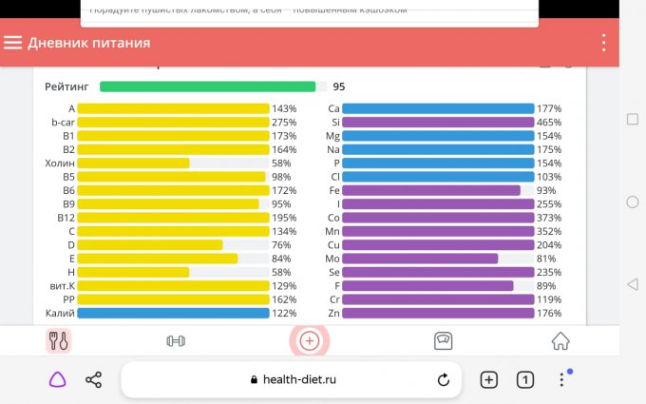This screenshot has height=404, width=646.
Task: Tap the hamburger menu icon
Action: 13,43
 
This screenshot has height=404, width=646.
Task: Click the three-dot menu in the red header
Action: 604,43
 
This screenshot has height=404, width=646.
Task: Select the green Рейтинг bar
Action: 207,87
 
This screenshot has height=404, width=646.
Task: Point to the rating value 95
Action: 339,87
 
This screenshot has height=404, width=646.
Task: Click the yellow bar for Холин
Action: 133,164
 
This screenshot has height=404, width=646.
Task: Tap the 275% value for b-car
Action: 284,123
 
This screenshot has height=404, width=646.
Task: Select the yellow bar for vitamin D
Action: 150,245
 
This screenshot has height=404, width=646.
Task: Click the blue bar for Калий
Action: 173,313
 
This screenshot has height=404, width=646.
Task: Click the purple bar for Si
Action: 438,123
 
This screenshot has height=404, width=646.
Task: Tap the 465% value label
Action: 549,123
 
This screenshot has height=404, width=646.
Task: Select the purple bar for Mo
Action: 420,259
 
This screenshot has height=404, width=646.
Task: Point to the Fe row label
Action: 333,190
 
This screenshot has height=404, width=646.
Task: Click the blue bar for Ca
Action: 438,109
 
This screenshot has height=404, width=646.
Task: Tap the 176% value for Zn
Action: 549,313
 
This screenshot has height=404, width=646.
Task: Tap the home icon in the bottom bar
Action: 560,340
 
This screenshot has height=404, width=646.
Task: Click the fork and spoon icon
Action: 58,340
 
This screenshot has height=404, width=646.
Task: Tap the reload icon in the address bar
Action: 443,379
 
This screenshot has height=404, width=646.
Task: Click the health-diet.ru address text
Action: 299,379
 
